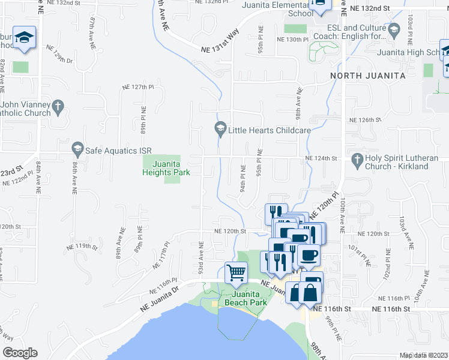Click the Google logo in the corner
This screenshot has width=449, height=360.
click(x=19, y=353)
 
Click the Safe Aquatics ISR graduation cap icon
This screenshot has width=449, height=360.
click(x=77, y=148)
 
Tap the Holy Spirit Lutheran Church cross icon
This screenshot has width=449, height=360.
click(x=358, y=159)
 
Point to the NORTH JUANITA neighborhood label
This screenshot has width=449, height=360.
click(x=368, y=76)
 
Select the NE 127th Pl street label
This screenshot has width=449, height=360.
click(x=139, y=87)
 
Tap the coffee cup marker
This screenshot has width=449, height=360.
click(x=309, y=256)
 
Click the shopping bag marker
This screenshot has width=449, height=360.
click(x=311, y=293)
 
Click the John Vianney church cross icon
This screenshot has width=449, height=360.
click(x=58, y=108)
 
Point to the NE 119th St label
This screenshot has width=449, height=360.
click(x=82, y=246)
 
